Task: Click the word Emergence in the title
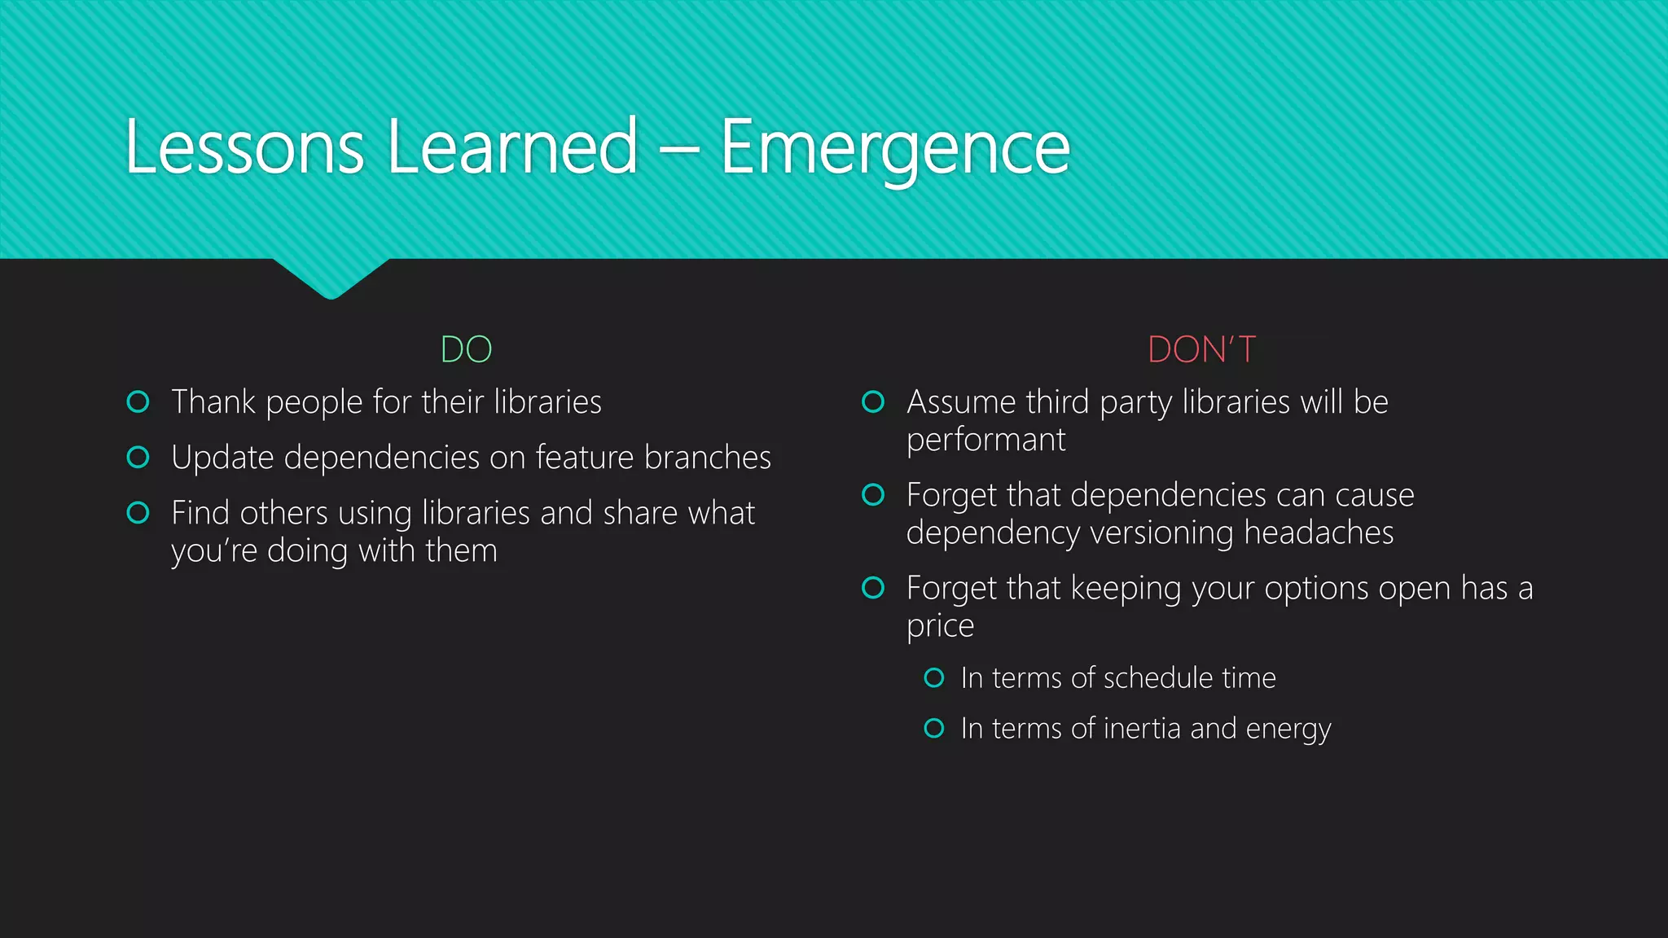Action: coord(894,148)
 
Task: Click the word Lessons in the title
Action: coord(244,148)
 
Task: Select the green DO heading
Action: coord(466,350)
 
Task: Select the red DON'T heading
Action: coord(1201,350)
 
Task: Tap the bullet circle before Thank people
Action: coord(138,402)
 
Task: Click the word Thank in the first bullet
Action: coord(213,402)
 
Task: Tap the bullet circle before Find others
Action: coord(138,513)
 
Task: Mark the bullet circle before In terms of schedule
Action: coord(934,678)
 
